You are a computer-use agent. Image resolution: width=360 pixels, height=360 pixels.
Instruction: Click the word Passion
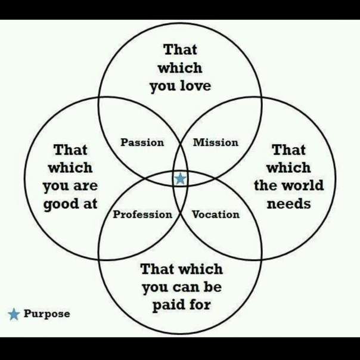click(142, 142)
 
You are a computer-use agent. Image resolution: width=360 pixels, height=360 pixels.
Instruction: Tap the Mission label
click(216, 142)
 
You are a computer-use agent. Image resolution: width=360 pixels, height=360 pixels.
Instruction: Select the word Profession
click(142, 215)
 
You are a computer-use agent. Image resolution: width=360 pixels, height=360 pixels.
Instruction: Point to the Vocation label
click(216, 215)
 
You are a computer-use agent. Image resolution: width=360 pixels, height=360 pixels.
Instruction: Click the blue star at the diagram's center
click(180, 179)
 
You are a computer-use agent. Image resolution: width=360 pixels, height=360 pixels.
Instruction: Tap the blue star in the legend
click(14, 314)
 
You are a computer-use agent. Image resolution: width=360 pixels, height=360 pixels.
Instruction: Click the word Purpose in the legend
click(47, 314)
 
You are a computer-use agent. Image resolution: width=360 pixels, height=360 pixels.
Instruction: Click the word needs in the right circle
click(288, 204)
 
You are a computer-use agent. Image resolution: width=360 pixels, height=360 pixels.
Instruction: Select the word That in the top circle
click(180, 49)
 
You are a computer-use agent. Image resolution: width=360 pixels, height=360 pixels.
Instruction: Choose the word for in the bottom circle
click(200, 305)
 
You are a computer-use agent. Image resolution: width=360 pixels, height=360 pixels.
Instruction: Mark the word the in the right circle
click(266, 185)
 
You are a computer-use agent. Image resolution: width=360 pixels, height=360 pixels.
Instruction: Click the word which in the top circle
click(180, 68)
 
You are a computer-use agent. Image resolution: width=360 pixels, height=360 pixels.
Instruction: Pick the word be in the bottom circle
click(213, 287)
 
